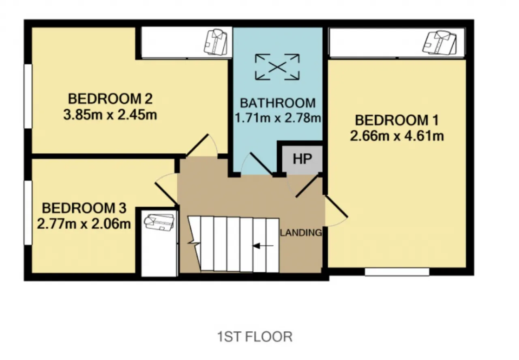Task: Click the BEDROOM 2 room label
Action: click(x=110, y=99)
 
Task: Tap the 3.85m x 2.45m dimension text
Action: click(x=110, y=115)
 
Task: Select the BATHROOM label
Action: click(x=278, y=103)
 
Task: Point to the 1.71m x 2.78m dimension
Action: click(x=278, y=118)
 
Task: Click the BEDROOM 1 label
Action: click(x=397, y=120)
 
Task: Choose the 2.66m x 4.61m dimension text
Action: click(x=397, y=136)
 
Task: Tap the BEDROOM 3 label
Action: click(x=84, y=208)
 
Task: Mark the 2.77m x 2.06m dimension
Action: click(x=84, y=224)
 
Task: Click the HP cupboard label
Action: click(x=302, y=159)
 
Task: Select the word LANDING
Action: click(x=301, y=233)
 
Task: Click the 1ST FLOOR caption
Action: click(x=255, y=337)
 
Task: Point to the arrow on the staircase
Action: click(x=263, y=246)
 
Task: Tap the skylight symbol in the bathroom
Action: click(x=277, y=67)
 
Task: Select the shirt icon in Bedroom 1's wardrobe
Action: click(x=440, y=43)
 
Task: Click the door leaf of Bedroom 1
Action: click(x=337, y=207)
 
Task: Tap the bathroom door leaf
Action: click(x=262, y=164)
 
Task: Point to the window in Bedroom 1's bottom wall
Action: click(x=397, y=272)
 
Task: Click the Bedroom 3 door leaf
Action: click(x=166, y=194)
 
